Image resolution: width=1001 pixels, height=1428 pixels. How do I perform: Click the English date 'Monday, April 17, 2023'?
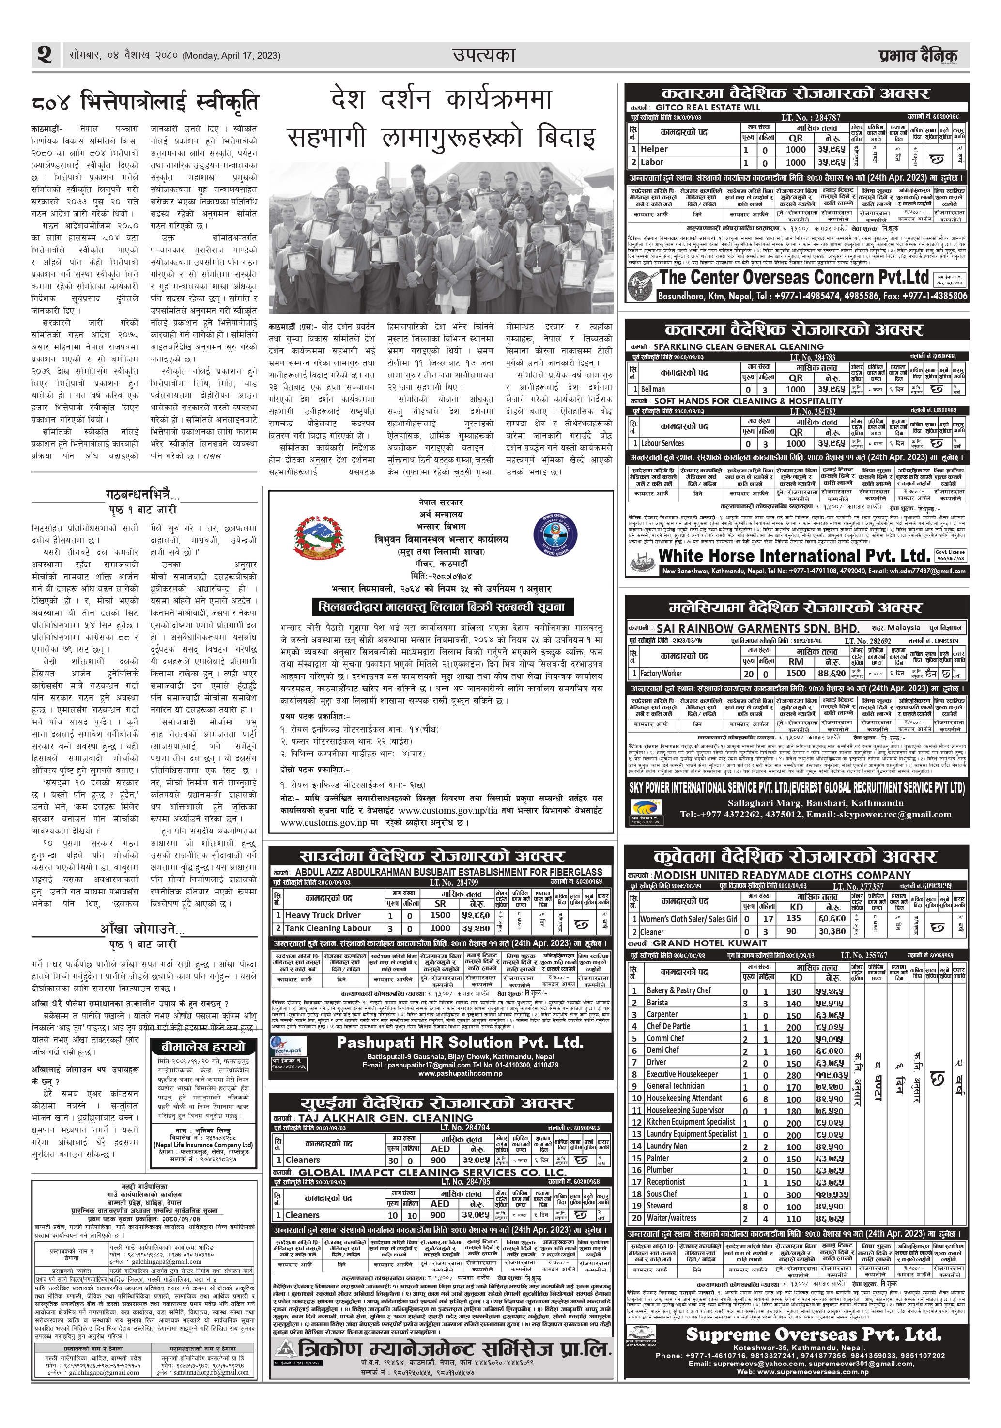click(231, 56)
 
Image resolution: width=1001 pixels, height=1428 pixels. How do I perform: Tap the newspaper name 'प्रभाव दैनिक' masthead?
click(918, 56)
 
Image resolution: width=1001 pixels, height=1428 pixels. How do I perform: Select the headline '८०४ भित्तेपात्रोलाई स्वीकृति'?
click(144, 101)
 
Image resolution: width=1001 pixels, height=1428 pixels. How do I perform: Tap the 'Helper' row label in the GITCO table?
click(654, 149)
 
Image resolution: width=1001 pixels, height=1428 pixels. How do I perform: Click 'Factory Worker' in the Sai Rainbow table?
click(661, 673)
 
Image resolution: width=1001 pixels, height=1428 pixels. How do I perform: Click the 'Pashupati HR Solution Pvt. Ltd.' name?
click(460, 1042)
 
